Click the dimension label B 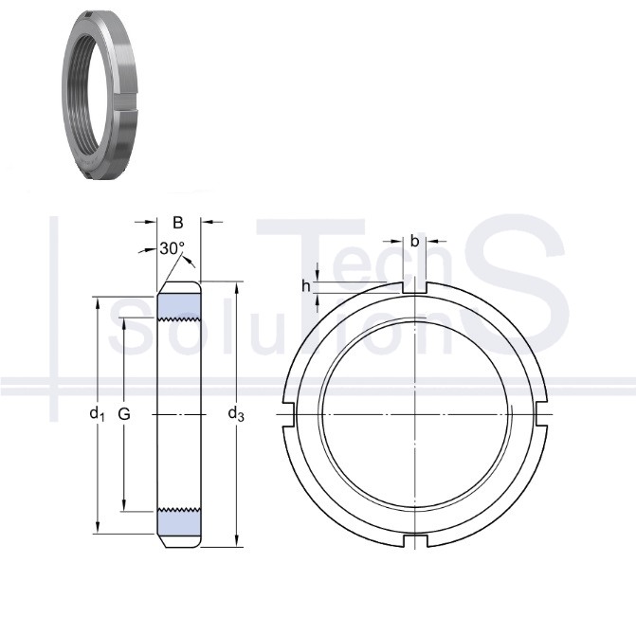click(x=177, y=223)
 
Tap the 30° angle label click(x=173, y=248)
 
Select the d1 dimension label click(x=97, y=414)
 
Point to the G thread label click(x=124, y=414)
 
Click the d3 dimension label click(x=236, y=414)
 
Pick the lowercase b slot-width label click(x=414, y=242)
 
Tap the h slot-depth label click(x=306, y=286)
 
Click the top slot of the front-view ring click(x=414, y=287)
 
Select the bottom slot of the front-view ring click(x=415, y=540)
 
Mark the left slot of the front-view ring click(x=287, y=414)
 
